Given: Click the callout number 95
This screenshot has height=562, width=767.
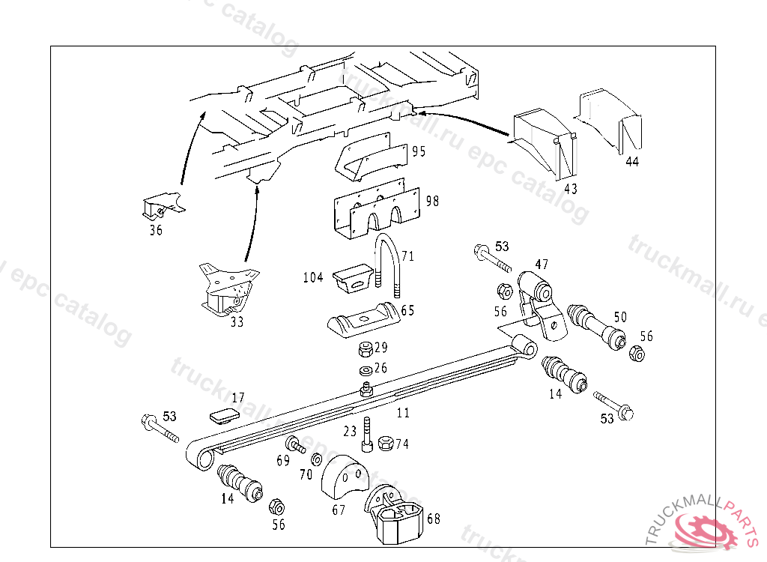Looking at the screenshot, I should [418, 151].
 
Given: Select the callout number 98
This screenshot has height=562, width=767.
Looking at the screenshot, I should [431, 201].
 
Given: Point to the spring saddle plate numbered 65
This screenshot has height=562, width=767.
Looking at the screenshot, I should [363, 321].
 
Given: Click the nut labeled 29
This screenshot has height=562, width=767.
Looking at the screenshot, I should [366, 348].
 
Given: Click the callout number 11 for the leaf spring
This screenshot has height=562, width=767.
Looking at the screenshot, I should [403, 413].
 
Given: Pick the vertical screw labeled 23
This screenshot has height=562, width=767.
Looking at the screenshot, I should [366, 435].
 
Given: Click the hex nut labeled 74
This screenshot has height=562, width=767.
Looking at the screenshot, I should [386, 443].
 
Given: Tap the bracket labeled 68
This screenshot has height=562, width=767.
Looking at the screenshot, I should [394, 514].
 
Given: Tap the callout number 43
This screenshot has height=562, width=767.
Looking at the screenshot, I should [571, 188].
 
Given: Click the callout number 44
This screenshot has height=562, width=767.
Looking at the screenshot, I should [632, 161].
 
